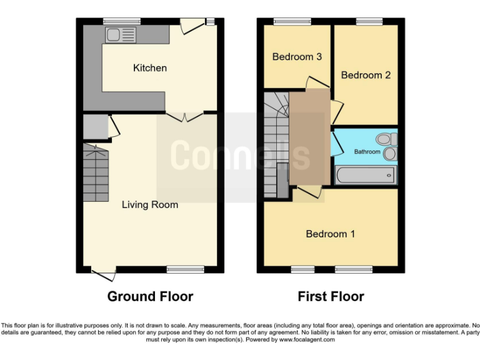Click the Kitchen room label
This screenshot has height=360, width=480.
[x=150, y=67]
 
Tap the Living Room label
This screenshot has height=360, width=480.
[x=149, y=204]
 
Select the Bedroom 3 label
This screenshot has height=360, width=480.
[x=297, y=57]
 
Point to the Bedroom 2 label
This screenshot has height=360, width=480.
[x=366, y=75]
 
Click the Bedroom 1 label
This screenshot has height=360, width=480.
[x=330, y=234]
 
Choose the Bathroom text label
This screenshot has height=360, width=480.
[x=367, y=152]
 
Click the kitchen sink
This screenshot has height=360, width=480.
[x=121, y=35]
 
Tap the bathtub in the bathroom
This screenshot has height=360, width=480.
[x=366, y=175]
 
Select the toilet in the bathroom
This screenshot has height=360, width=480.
[x=385, y=139]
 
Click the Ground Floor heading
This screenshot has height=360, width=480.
[x=150, y=296]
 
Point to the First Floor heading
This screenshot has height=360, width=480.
[x=331, y=296]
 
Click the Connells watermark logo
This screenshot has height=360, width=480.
[x=241, y=154]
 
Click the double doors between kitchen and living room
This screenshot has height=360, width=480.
[x=184, y=116]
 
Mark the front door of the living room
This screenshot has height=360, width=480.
[x=103, y=271]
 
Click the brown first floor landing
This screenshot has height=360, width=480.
[x=309, y=137]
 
